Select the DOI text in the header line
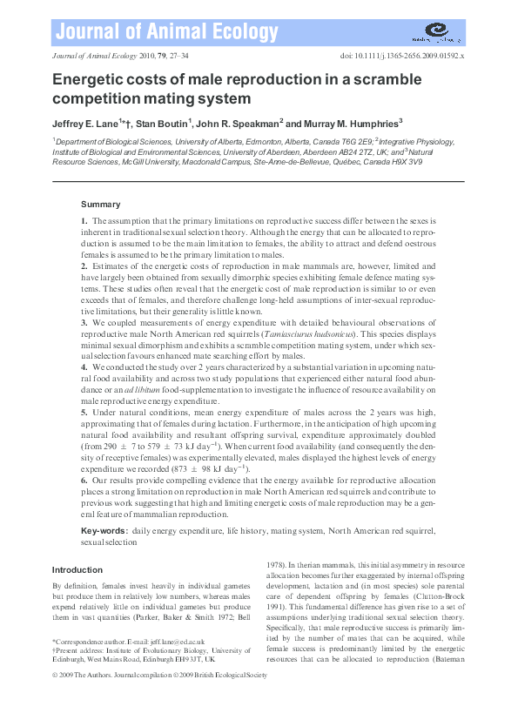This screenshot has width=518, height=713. (x=403, y=54)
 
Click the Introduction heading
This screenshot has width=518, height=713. (x=77, y=570)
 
